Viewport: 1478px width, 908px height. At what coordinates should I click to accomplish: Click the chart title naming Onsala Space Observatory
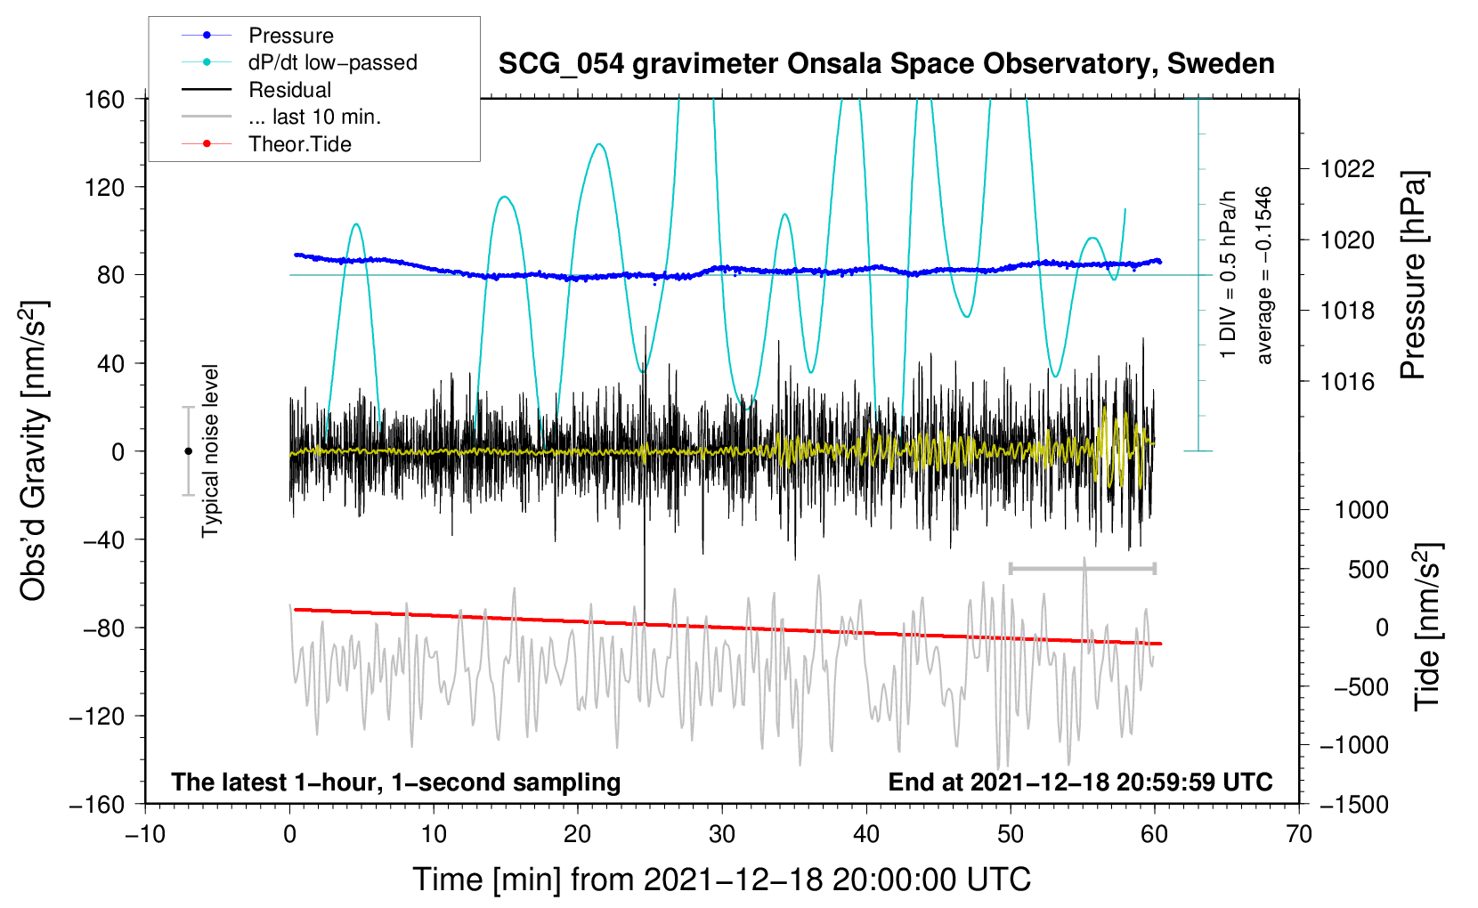[x=886, y=64]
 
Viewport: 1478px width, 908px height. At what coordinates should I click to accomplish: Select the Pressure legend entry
[x=290, y=36]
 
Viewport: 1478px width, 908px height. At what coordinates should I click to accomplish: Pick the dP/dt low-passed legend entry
[x=332, y=62]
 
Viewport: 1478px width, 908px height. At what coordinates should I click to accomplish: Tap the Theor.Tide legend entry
[x=299, y=144]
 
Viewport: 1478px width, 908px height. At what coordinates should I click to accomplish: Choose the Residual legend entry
[x=289, y=90]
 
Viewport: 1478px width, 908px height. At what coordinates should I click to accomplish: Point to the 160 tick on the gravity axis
[x=105, y=99]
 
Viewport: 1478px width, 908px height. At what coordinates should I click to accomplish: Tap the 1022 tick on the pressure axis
[x=1347, y=169]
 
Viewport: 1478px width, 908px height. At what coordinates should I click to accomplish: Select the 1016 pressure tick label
[x=1347, y=382]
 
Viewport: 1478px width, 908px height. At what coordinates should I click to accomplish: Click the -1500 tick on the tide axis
[x=1353, y=804]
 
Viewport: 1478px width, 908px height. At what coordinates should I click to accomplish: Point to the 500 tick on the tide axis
[x=1368, y=569]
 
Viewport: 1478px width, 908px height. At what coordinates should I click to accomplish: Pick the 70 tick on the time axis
[x=1299, y=834]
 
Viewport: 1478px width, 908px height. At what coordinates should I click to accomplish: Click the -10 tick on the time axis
[x=145, y=834]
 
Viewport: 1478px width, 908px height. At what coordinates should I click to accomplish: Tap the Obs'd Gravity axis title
[x=34, y=450]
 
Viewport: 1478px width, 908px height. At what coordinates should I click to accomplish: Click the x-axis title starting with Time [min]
[x=721, y=880]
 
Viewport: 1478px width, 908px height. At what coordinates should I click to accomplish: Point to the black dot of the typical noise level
[x=188, y=451]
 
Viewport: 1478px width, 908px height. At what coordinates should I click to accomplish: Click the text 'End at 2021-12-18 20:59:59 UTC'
[x=1080, y=782]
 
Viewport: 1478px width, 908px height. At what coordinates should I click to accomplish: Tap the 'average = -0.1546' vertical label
[x=1263, y=276]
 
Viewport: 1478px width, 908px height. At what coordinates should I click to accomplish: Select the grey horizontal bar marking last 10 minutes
[x=1082, y=568]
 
